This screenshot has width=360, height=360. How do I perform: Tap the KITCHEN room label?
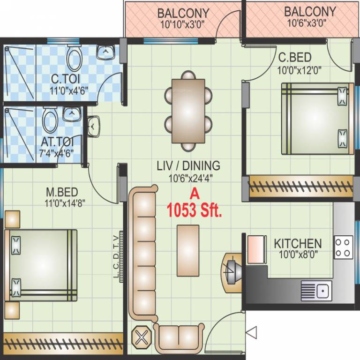click(x=298, y=244)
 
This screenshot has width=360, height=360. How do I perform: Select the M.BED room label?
click(x=61, y=193)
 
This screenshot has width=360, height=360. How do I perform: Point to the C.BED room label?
click(x=294, y=57)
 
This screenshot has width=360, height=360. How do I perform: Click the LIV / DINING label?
click(x=188, y=165)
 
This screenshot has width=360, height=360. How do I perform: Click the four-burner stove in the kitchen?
click(x=343, y=247)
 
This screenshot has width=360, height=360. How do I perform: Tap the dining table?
click(x=188, y=110)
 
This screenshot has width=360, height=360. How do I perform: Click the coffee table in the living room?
click(x=187, y=250)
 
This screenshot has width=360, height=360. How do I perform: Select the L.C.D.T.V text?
click(x=116, y=257)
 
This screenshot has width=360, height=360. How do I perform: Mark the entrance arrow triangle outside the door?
click(x=252, y=333)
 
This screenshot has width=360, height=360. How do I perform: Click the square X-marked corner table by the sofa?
click(x=142, y=337)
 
